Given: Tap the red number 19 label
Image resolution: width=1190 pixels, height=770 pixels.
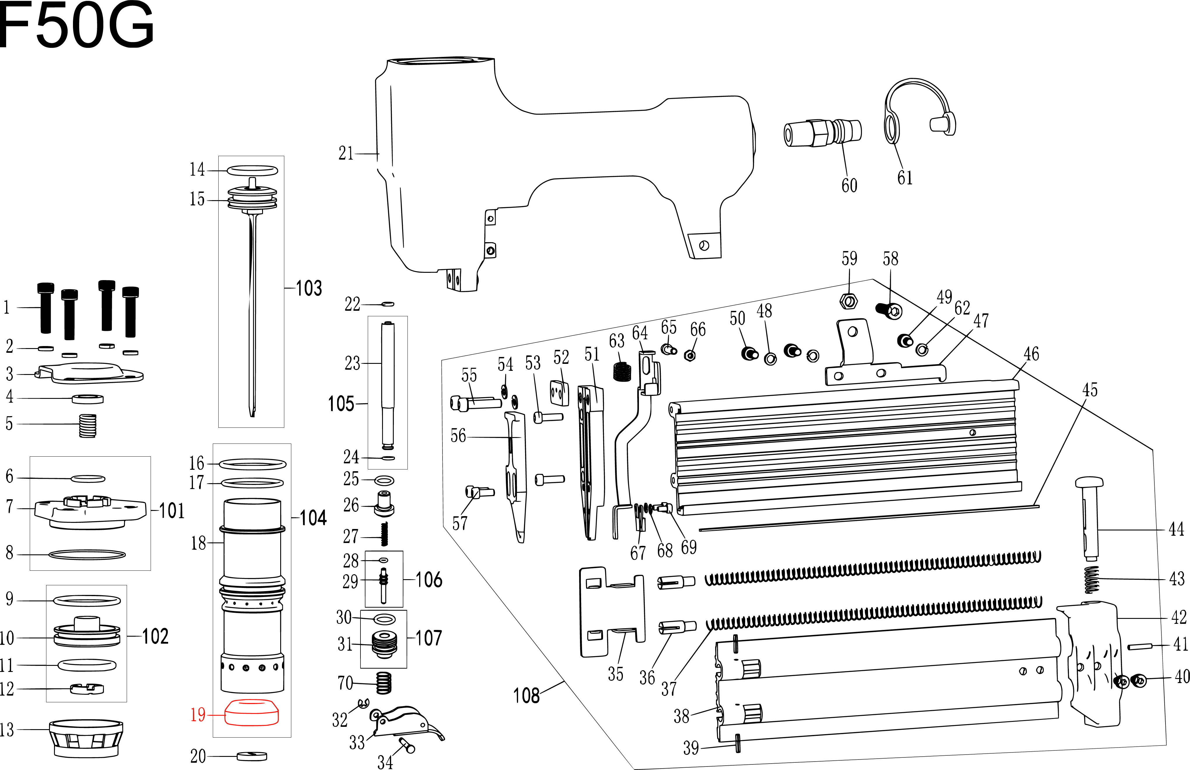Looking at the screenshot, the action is [198, 715].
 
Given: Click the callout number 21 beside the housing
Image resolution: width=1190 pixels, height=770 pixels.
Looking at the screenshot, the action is [346, 153].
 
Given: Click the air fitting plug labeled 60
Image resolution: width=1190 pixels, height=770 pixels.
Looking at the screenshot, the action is [822, 132].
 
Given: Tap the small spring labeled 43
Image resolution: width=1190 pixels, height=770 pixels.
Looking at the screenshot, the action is [1092, 580].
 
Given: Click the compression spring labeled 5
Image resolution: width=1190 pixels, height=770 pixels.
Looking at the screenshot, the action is [88, 426].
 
